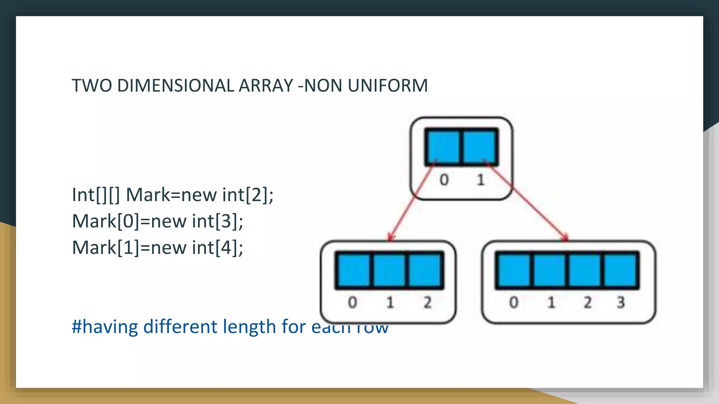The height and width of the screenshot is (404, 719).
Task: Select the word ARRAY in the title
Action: [x=266, y=86]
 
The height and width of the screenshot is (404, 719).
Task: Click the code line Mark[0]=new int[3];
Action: [x=158, y=221]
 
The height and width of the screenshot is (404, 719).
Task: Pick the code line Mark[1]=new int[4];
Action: [x=158, y=248]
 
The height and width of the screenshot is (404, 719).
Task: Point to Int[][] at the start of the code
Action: [x=96, y=195]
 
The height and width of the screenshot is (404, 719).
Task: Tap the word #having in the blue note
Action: [x=105, y=326]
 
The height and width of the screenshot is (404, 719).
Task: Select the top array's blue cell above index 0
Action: [x=443, y=147]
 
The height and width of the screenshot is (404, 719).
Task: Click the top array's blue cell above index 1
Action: [x=480, y=147]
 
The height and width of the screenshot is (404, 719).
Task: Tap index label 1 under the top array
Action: [x=481, y=180]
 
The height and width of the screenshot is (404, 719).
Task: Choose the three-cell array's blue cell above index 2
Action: [x=425, y=270]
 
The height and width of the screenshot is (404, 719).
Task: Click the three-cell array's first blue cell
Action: [x=353, y=270]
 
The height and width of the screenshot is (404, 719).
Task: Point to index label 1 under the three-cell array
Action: [x=390, y=302]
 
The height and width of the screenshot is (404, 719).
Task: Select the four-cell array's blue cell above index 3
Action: [x=620, y=270]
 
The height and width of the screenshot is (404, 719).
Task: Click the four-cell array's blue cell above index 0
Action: [x=514, y=270]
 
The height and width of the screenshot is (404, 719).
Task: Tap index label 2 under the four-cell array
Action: [x=587, y=302]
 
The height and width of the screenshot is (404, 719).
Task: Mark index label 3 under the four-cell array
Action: [x=621, y=302]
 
